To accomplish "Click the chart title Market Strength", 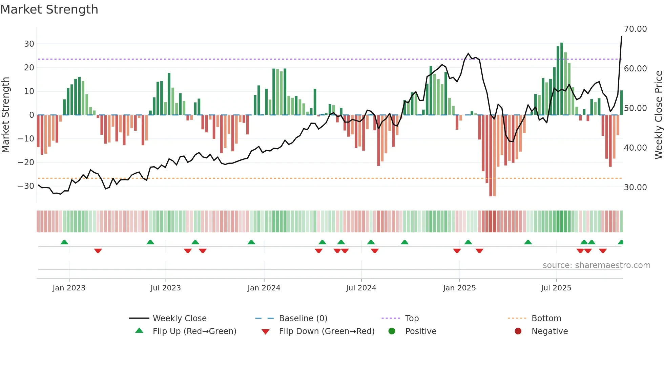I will (x=49, y=9).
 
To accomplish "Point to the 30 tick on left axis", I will (x=29, y=44).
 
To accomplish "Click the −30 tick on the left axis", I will (x=26, y=186).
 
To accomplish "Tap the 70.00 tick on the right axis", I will (x=635, y=29).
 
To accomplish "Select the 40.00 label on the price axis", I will (x=635, y=148).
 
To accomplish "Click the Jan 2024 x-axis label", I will (x=264, y=288).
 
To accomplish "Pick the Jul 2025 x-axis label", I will (x=556, y=288).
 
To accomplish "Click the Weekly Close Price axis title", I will (x=658, y=115).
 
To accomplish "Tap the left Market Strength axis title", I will (x=5, y=115).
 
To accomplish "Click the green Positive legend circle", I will (x=392, y=331).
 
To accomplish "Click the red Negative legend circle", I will (x=518, y=331).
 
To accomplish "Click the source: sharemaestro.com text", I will (x=596, y=265).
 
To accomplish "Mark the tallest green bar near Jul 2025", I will (x=562, y=79).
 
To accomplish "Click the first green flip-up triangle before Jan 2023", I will (x=64, y=242).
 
